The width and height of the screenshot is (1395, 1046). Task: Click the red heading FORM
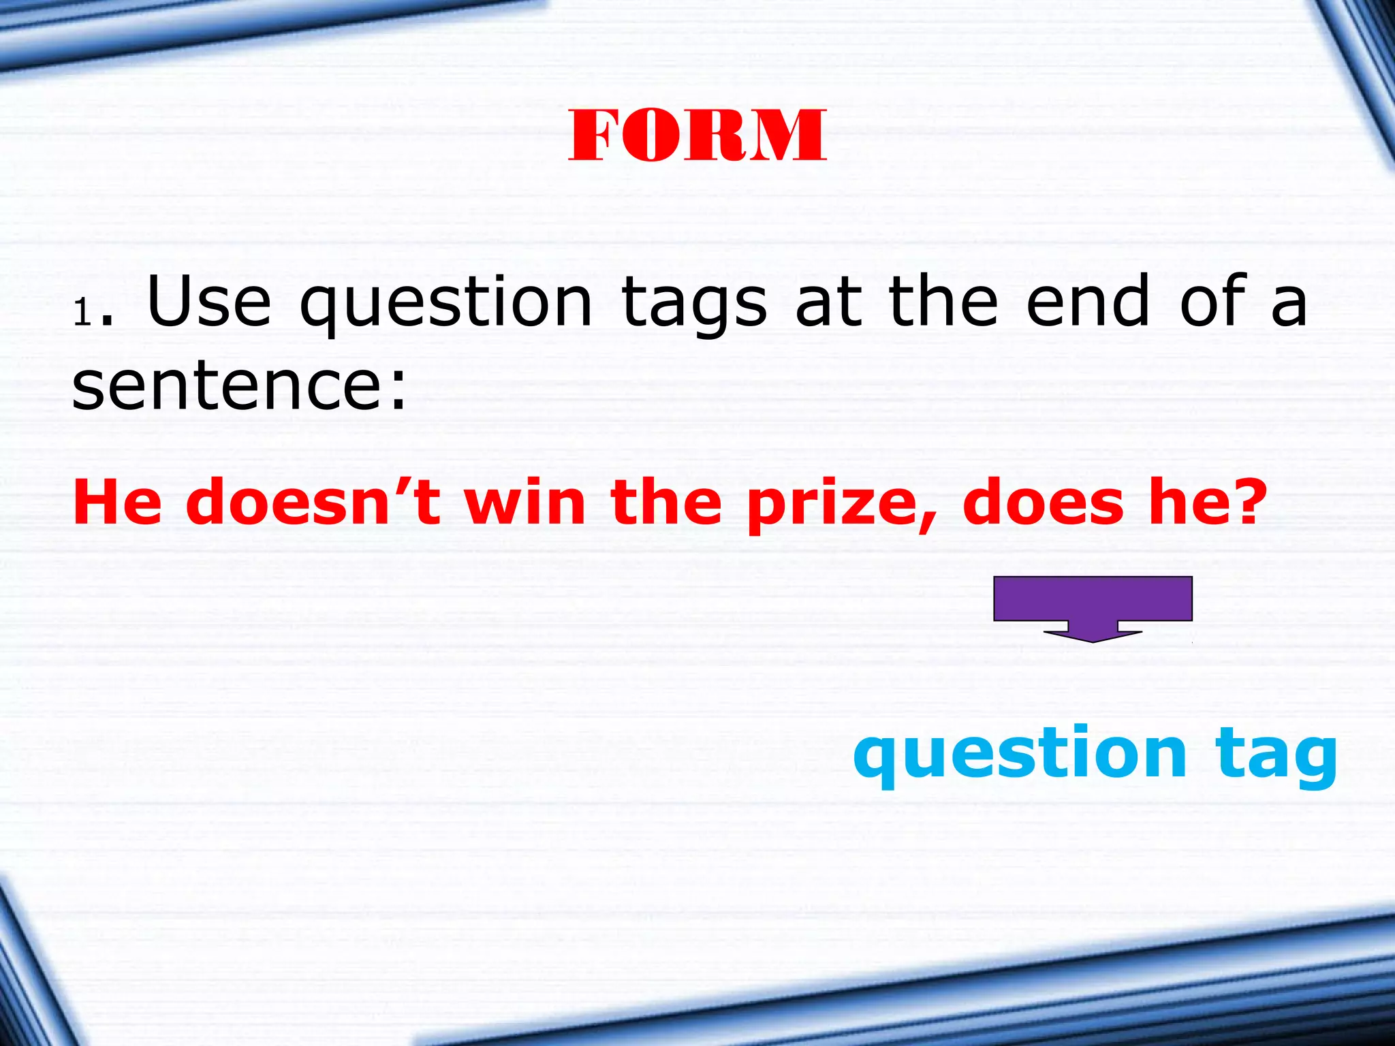[x=697, y=136]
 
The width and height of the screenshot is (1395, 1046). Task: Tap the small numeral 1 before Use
[x=82, y=314]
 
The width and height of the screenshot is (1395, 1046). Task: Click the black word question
[x=445, y=304]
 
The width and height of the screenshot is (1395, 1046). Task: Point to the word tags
[x=694, y=304]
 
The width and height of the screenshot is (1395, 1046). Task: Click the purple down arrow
[x=1093, y=608]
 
